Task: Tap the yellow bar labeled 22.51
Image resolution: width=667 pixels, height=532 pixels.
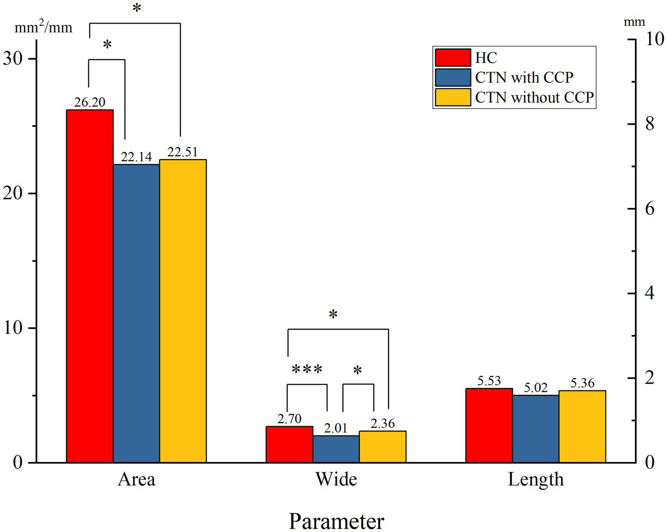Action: (183, 311)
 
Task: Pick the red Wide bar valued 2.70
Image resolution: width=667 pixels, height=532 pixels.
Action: (289, 444)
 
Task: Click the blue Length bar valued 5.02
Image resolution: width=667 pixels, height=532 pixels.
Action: (535, 429)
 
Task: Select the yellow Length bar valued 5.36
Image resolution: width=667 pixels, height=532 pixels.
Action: (582, 426)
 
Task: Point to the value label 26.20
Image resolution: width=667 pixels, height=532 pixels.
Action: (89, 102)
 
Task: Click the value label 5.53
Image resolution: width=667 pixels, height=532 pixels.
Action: (489, 381)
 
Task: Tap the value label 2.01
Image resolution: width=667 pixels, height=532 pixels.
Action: (335, 428)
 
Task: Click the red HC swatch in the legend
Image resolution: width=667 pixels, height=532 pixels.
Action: (453, 57)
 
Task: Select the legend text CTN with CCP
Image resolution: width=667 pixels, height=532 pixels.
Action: (524, 77)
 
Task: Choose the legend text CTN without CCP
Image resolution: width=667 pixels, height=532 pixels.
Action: (534, 97)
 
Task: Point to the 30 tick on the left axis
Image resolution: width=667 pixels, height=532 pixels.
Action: (13, 58)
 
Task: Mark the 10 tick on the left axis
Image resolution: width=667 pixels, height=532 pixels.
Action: (13, 328)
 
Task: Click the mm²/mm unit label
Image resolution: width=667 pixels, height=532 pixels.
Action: (43, 27)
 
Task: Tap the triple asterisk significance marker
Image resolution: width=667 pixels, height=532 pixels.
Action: (307, 370)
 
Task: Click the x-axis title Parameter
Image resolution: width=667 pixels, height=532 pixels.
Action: (336, 521)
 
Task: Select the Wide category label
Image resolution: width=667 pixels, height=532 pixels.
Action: (336, 479)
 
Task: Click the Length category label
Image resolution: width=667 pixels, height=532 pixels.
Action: (535, 479)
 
